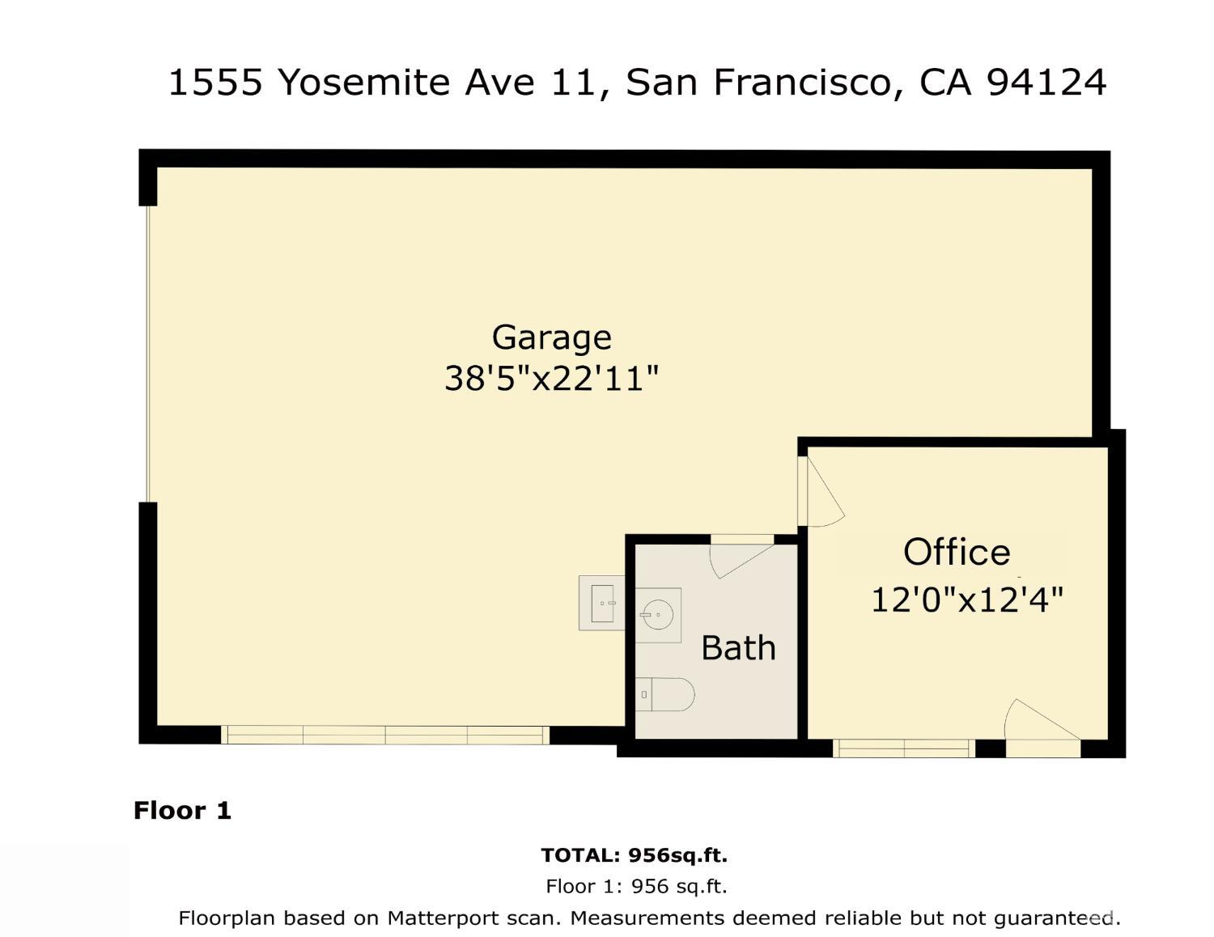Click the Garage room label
pyautogui.click(x=551, y=337)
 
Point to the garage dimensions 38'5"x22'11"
pyautogui.click(x=551, y=378)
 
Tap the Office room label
pyautogui.click(x=957, y=553)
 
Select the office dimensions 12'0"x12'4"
pyautogui.click(x=966, y=600)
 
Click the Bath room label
pyautogui.click(x=738, y=648)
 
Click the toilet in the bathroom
pyautogui.click(x=666, y=694)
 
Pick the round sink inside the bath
pyautogui.click(x=658, y=615)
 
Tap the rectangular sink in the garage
pyautogui.click(x=604, y=603)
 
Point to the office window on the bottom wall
pyautogui.click(x=903, y=748)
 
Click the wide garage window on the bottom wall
pyautogui.click(x=385, y=735)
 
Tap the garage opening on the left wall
pyautogui.click(x=148, y=354)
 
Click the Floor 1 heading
pyautogui.click(x=182, y=810)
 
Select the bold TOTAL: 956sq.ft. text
pyautogui.click(x=634, y=855)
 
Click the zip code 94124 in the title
pyautogui.click(x=1046, y=83)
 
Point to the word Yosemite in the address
pyautogui.click(x=364, y=83)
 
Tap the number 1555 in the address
pyautogui.click(x=215, y=83)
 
